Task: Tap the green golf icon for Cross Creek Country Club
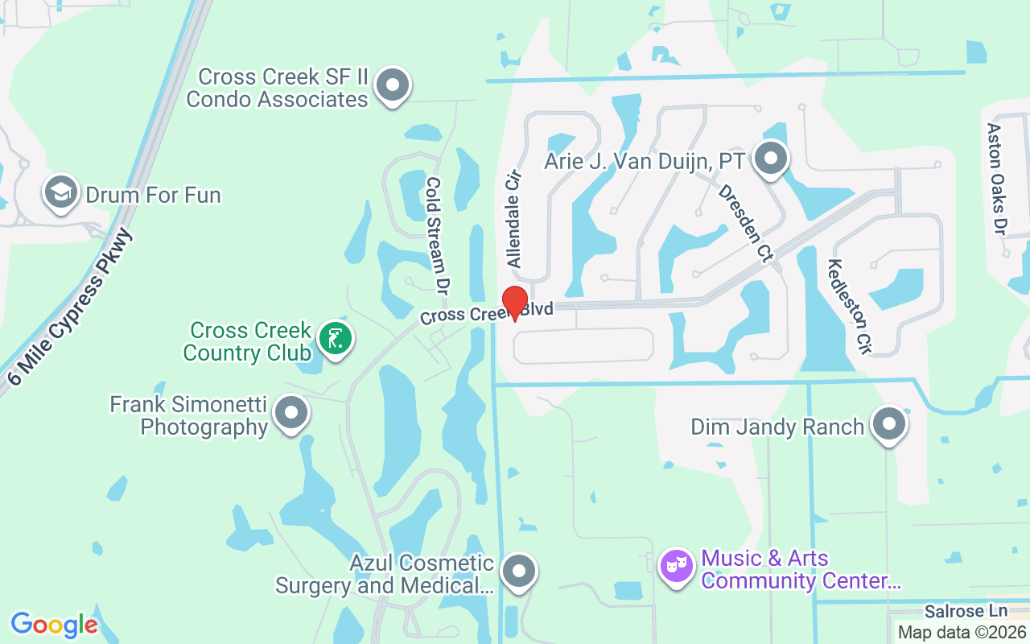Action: pos(335,338)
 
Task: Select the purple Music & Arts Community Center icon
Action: pos(677,567)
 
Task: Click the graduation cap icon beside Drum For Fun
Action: pos(61,192)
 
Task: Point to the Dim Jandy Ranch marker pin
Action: pos(889,423)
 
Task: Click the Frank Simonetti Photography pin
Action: pos(291,414)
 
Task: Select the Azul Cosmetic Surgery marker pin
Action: pos(518,572)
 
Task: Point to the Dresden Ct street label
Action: pos(745,224)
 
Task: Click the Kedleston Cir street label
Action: pos(850,307)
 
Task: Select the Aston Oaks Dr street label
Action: pos(997,179)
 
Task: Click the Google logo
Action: pos(54,624)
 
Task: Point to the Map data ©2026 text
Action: pos(962,633)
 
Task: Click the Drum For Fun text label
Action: pos(153,195)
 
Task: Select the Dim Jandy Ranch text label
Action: pos(777,427)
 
